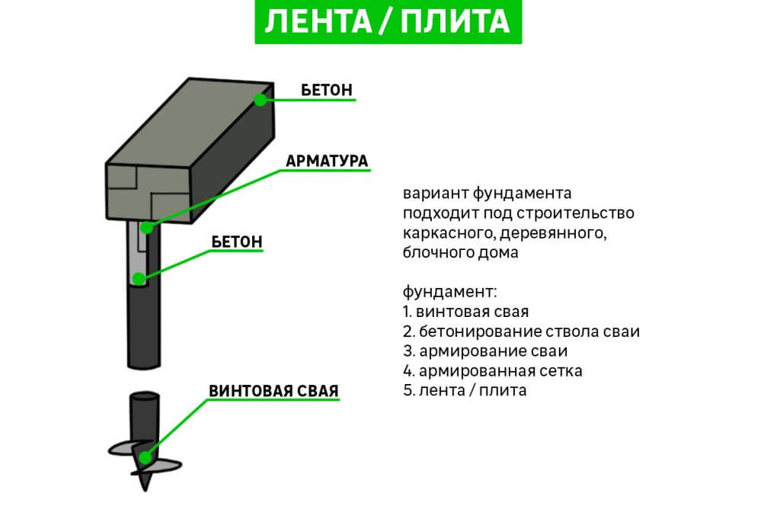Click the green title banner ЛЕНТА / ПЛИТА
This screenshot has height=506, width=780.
[x=388, y=22]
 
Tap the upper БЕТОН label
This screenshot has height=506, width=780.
[x=326, y=89]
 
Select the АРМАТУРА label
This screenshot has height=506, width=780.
[x=327, y=161]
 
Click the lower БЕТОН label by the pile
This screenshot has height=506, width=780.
[x=236, y=242]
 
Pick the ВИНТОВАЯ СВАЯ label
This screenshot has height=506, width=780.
[x=273, y=391]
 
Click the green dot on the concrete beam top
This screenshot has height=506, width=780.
[x=261, y=99]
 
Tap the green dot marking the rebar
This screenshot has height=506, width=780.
[x=146, y=227]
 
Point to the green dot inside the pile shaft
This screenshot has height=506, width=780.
[x=138, y=278]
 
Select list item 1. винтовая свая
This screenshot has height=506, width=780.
[x=465, y=312]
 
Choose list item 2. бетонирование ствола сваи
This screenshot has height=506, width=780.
[x=521, y=331]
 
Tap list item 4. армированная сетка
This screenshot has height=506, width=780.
[x=492, y=371]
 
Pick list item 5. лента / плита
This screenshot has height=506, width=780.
[x=465, y=390]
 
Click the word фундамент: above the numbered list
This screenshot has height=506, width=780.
[x=449, y=292]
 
